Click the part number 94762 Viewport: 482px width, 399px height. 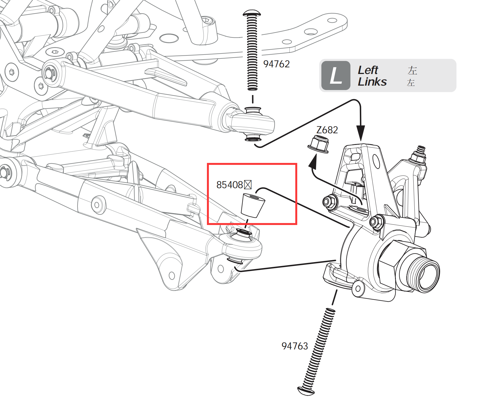276,64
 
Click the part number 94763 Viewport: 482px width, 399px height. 294,346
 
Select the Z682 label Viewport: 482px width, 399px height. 327,130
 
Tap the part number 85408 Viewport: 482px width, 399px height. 229,185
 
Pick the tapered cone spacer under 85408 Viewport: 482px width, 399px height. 252,205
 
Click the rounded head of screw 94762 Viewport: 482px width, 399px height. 252,13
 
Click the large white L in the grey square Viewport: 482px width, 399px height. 336,76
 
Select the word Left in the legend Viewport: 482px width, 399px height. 368,70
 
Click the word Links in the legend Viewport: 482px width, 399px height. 372,82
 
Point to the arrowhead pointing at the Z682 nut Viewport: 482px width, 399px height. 313,162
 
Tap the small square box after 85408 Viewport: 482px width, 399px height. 248,185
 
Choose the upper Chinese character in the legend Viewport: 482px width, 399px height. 412,70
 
